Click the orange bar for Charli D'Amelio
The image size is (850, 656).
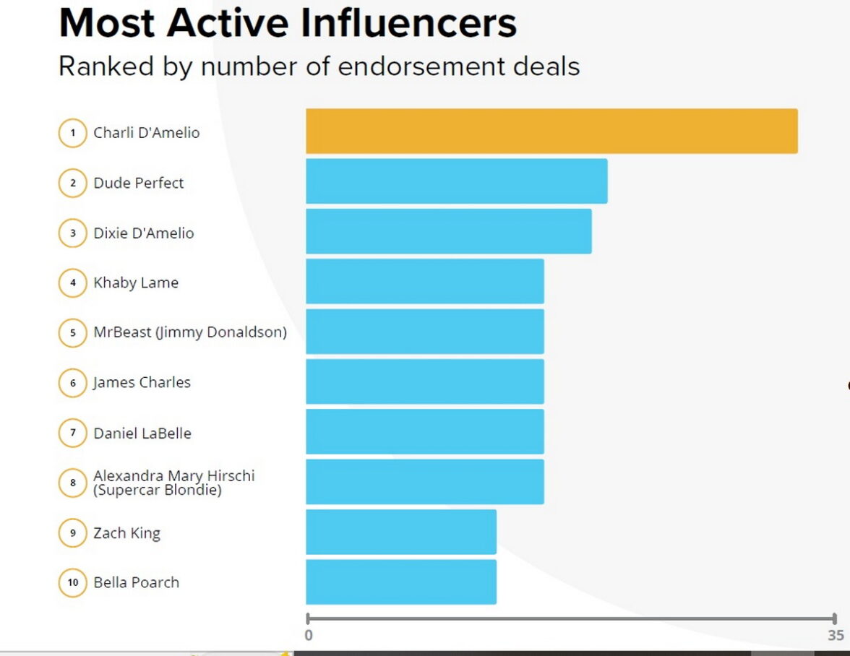point(551,131)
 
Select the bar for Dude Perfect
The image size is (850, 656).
point(456,181)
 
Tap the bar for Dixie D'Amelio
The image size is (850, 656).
point(448,231)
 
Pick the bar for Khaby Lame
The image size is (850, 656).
point(424,281)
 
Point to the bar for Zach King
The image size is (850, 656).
point(400,532)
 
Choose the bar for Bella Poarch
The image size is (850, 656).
point(400,582)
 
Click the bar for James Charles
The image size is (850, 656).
point(424,381)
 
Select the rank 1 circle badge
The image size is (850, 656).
point(72,133)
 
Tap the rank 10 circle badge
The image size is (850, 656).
point(72,582)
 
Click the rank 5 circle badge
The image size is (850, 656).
point(72,333)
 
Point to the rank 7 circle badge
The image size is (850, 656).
point(72,433)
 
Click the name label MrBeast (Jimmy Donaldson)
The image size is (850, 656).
point(190,332)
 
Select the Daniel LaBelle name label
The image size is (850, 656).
point(142,433)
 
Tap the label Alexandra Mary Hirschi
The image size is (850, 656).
point(173,476)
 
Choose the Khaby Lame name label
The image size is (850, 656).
point(136,282)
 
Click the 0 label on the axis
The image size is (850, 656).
point(309,636)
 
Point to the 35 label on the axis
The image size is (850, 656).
point(836,636)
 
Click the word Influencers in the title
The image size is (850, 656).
point(408,23)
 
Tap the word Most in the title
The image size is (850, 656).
point(108,23)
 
